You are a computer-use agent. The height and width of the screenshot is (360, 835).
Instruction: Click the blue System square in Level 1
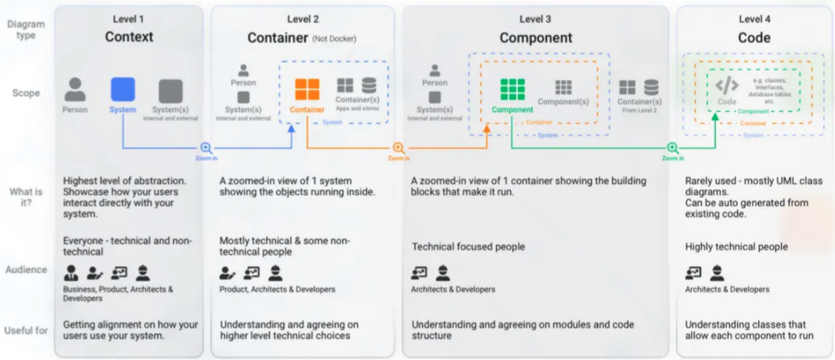tap(123, 89)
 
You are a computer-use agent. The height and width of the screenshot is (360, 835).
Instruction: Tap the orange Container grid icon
tap(307, 89)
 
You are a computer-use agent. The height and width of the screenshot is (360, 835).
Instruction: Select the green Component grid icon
tap(512, 89)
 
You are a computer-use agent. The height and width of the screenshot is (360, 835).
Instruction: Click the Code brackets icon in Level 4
tap(727, 86)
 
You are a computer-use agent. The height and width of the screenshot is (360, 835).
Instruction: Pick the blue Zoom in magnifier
tap(206, 148)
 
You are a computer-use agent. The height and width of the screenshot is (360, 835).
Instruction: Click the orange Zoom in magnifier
tap(398, 148)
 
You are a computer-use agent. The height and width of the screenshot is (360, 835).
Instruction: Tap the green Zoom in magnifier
tap(673, 148)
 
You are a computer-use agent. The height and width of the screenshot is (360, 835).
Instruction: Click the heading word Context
tap(129, 37)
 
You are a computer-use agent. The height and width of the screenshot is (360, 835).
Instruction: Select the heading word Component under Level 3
tap(536, 37)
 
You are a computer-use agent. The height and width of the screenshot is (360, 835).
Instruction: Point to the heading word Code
tap(754, 37)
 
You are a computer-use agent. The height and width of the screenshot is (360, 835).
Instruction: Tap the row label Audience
tap(27, 270)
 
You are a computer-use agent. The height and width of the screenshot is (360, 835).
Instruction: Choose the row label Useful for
tap(27, 330)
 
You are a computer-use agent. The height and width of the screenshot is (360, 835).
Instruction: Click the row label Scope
tap(26, 93)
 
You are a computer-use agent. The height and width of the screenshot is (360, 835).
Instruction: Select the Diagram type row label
tap(26, 30)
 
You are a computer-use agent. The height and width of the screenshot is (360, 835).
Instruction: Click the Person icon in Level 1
tap(75, 89)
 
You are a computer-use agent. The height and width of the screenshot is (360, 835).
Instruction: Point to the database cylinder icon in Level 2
tap(369, 86)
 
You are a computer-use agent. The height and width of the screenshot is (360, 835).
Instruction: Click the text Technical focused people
tap(468, 246)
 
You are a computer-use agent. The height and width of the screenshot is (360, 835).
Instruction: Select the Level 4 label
tap(754, 19)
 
